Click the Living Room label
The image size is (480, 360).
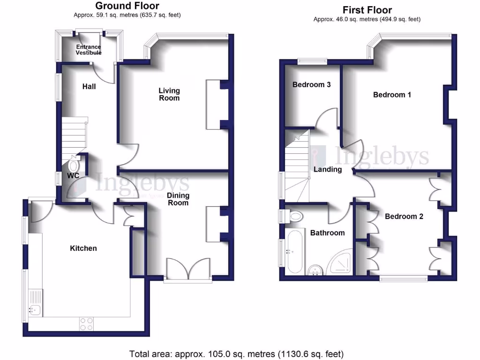(169, 94)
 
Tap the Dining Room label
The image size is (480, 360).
(178, 199)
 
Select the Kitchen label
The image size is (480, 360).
(83, 248)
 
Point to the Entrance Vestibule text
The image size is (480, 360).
(89, 50)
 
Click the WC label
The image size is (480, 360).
(73, 175)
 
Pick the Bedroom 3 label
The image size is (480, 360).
(312, 85)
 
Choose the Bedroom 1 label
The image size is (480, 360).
(392, 95)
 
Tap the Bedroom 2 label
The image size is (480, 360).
(404, 217)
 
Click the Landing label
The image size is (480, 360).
(328, 169)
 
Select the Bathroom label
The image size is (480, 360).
(327, 232)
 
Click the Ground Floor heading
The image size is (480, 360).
(127, 6)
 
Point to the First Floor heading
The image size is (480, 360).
(367, 10)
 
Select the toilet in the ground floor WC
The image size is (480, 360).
(74, 165)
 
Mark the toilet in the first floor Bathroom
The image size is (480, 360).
(295, 217)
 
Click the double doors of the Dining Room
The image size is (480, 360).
(188, 270)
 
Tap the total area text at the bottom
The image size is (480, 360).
(236, 353)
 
